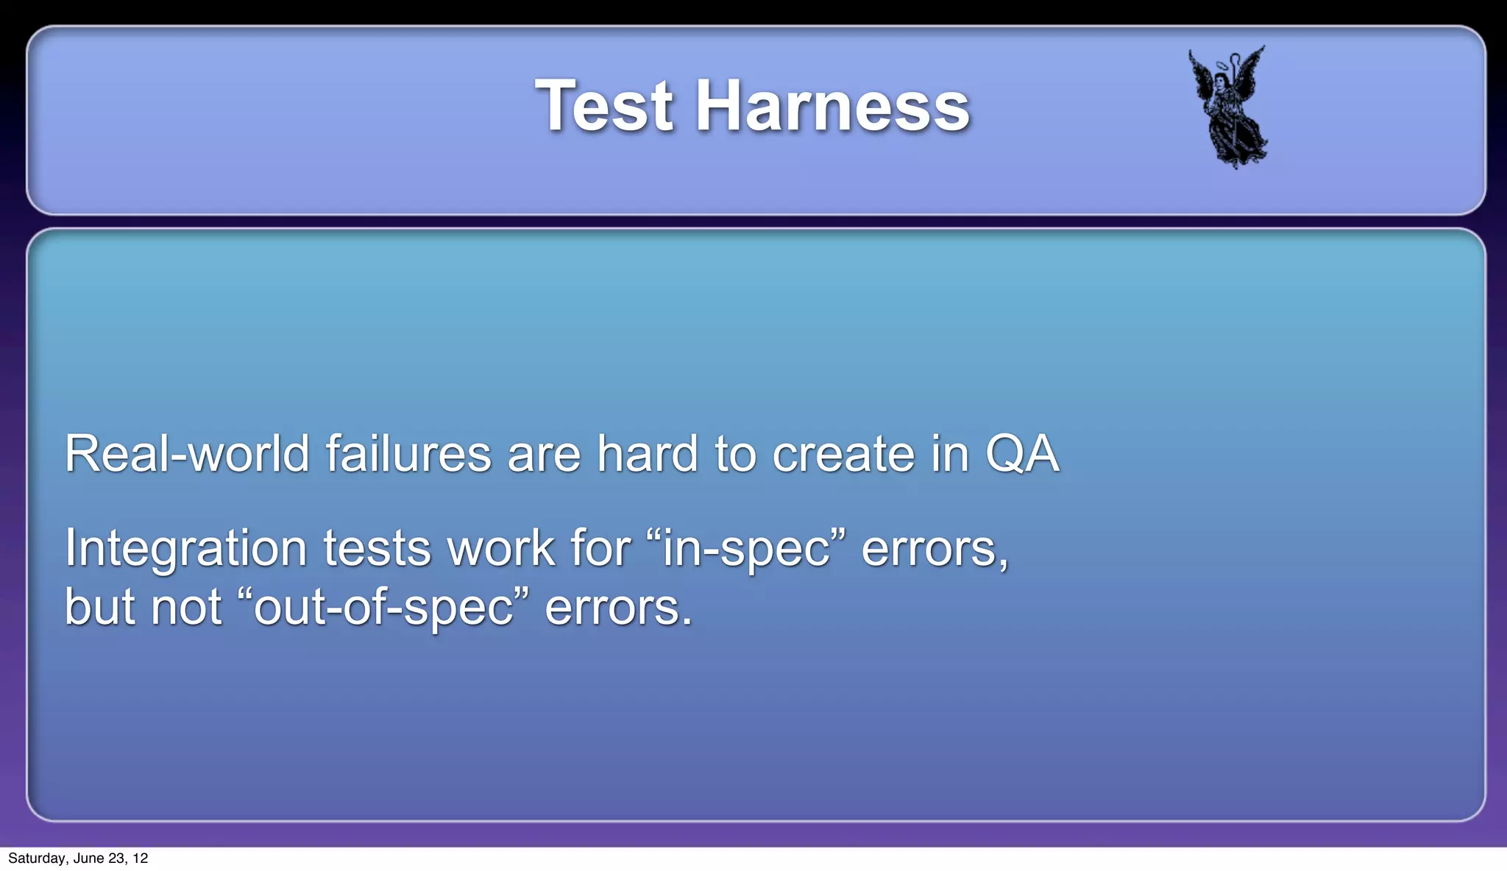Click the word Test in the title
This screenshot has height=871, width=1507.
coord(603,106)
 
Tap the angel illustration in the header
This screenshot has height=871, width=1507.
coord(1228,107)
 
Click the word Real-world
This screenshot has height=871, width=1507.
coord(187,454)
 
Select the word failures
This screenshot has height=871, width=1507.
coord(408,454)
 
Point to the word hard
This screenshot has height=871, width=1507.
coord(647,454)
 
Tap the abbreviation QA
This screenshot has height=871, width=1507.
coord(1021,454)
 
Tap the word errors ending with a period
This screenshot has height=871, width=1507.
coord(618,608)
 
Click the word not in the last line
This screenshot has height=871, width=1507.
coord(185,608)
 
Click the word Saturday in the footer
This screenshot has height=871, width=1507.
coord(37,858)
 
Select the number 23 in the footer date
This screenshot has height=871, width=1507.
coord(116,858)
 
